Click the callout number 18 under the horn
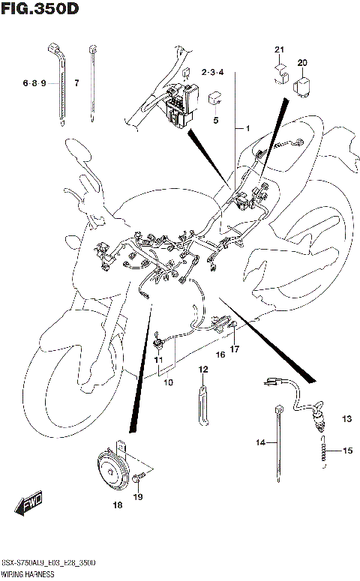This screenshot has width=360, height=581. click(117, 506)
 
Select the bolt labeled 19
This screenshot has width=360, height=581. click(139, 477)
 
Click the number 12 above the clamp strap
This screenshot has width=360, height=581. click(202, 370)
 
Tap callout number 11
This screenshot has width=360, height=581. click(158, 361)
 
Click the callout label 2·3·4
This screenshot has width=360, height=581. click(213, 72)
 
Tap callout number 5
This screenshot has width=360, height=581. click(215, 120)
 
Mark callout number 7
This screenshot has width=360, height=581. click(76, 83)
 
